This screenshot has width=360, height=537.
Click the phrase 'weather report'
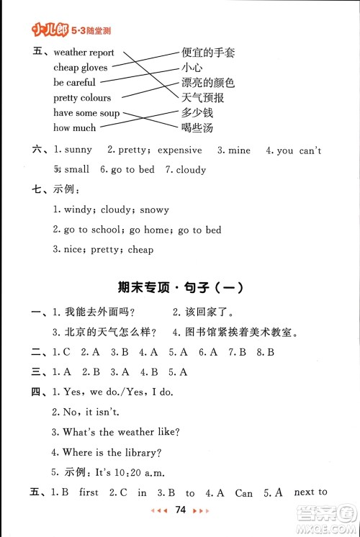point(84,53)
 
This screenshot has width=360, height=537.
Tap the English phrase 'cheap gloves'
point(81,68)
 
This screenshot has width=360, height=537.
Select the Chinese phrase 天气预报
point(202,98)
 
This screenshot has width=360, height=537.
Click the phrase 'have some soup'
point(86,113)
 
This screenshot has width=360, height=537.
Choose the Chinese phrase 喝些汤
point(197,128)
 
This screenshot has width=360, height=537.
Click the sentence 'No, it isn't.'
point(91,412)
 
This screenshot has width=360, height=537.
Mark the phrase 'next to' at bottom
point(311,492)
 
